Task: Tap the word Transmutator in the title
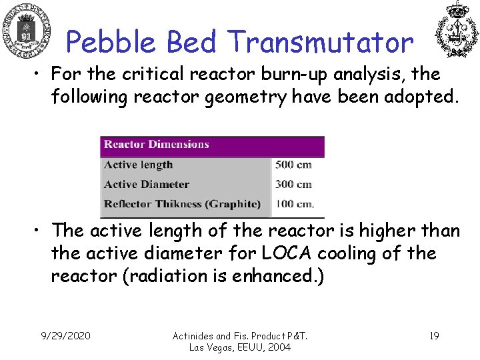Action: tap(321, 42)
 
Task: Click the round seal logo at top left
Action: tap(27, 30)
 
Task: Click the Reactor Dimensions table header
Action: tap(157, 145)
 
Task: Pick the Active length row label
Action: tap(139, 165)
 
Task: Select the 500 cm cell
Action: tap(293, 165)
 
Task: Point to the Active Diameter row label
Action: tap(147, 184)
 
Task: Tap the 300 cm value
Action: tap(293, 184)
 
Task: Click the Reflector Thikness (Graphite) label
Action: tap(182, 203)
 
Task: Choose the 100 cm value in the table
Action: tap(294, 203)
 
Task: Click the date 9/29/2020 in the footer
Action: tap(65, 335)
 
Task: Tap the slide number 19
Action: tap(433, 335)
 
